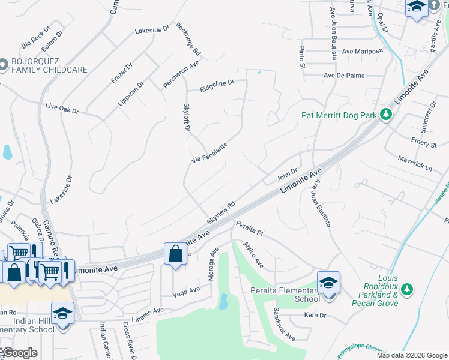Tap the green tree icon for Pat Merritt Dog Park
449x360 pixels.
[386, 114]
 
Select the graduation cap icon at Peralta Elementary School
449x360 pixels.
[328, 282]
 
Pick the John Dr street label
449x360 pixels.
[287, 175]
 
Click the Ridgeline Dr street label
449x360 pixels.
[217, 84]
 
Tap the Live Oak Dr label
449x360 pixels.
[62, 109]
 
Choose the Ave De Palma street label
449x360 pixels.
[344, 76]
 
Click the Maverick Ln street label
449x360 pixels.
[415, 161]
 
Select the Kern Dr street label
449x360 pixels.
[315, 315]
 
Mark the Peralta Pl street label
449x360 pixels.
[250, 228]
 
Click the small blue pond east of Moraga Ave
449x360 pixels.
[223, 301]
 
